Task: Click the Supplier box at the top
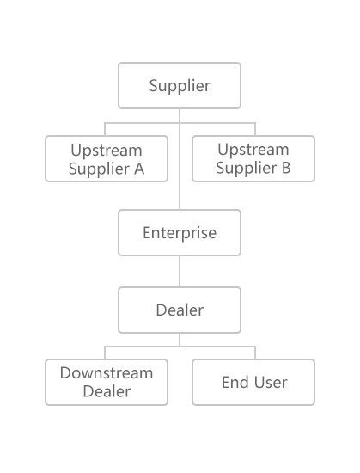(180, 85)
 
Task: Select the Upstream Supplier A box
(107, 159)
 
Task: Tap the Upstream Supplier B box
(253, 159)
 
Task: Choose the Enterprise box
(180, 232)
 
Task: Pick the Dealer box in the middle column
(180, 310)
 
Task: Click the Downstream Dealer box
(107, 382)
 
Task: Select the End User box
(253, 382)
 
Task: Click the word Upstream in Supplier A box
(107, 150)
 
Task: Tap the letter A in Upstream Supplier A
(139, 169)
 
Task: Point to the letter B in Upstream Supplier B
(286, 168)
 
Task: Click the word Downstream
(107, 373)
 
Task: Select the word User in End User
(271, 383)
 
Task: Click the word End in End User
(235, 383)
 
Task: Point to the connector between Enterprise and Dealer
(180, 272)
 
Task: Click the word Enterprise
(180, 233)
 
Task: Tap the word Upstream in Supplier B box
(253, 150)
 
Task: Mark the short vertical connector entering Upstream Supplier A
(105, 129)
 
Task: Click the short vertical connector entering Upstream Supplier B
(255, 129)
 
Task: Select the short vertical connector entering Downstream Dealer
(105, 353)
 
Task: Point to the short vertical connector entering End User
(255, 353)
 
